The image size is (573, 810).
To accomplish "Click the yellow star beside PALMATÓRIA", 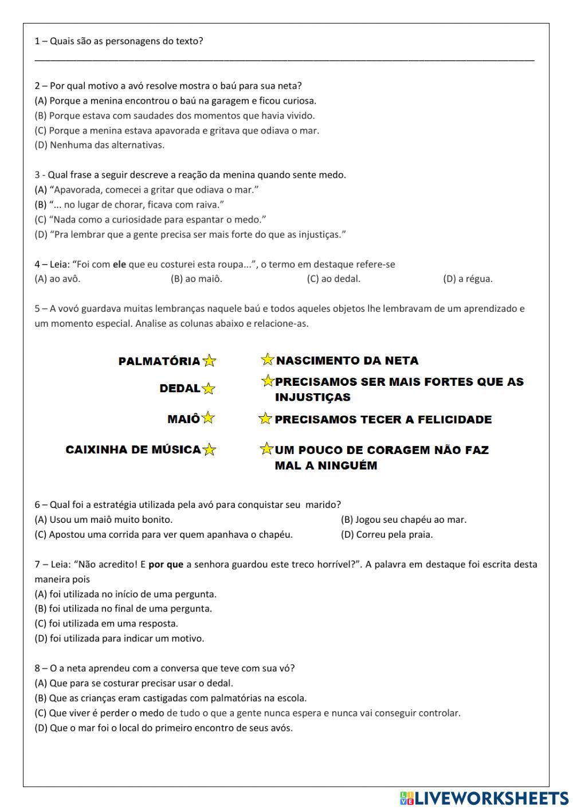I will pos(209,361).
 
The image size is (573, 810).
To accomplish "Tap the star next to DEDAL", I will pos(209,389).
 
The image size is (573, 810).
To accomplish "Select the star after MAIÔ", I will pos(207,418).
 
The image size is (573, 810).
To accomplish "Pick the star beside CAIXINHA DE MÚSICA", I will pos(209,449).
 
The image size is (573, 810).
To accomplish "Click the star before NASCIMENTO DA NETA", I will pos(267,359).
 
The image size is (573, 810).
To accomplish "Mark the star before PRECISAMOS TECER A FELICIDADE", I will pos(265,418).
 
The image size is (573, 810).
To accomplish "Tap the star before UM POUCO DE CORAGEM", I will pos(266,449).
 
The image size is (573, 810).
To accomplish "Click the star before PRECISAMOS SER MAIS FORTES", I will pos(267,381).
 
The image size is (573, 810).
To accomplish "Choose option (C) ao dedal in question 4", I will pos(333,279).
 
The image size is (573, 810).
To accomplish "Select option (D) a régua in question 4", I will pos(468,279).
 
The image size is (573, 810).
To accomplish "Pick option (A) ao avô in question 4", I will pos(57,279).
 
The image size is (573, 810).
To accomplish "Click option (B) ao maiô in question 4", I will pos(196,279).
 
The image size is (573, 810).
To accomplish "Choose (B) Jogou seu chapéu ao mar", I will pos(403,520).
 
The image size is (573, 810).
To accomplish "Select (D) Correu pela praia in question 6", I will pos(387,535).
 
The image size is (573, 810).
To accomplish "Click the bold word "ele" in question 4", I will pos(119,264).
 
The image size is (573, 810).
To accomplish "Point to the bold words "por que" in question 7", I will pos(166,565).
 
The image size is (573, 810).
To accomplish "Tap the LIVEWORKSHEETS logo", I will pos(484,798).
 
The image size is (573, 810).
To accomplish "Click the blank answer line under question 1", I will pos(284,58).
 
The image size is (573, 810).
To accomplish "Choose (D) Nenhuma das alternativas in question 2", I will pos(100,145).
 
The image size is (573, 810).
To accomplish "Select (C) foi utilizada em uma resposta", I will pos(107,624).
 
